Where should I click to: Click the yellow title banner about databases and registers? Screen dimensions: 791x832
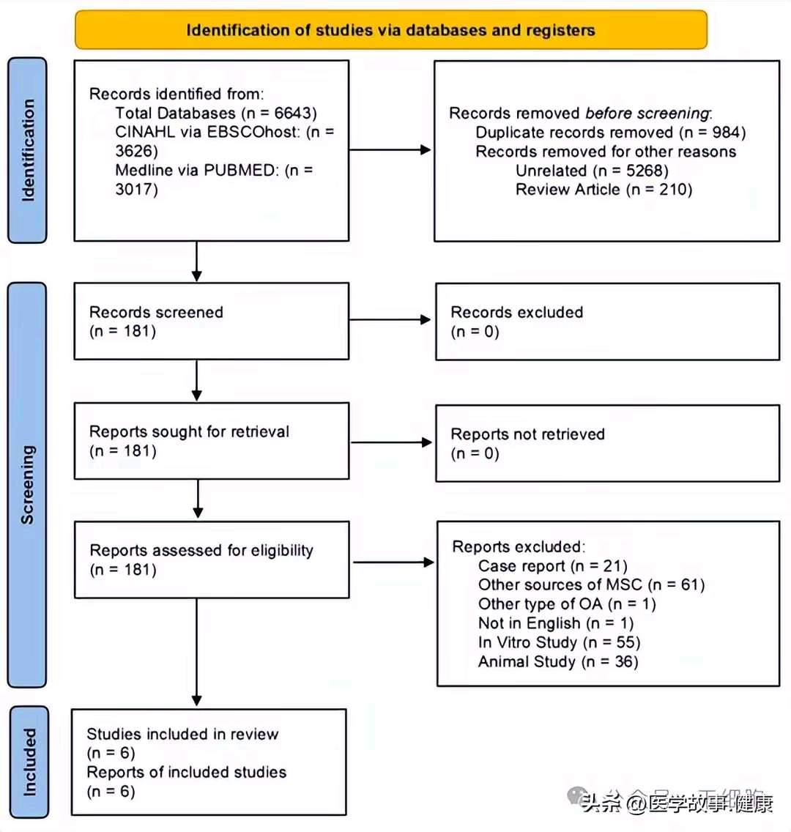click(x=391, y=30)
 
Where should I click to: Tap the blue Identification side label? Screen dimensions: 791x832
click(x=27, y=150)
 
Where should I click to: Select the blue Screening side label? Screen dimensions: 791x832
click(x=27, y=484)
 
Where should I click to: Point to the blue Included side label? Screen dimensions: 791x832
click(x=29, y=762)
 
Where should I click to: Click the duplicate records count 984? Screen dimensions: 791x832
click(x=727, y=132)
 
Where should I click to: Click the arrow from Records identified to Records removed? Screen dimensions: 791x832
click(x=390, y=150)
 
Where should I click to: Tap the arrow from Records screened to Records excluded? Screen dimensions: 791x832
click(x=390, y=320)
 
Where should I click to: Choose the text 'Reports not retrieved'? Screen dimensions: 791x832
click(x=528, y=434)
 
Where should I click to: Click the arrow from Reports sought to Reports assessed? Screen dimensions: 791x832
click(x=198, y=499)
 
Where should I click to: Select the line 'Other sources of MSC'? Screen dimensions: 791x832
click(x=560, y=584)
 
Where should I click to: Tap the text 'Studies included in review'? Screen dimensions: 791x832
click(x=182, y=734)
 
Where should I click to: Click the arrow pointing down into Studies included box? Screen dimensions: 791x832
click(x=197, y=652)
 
